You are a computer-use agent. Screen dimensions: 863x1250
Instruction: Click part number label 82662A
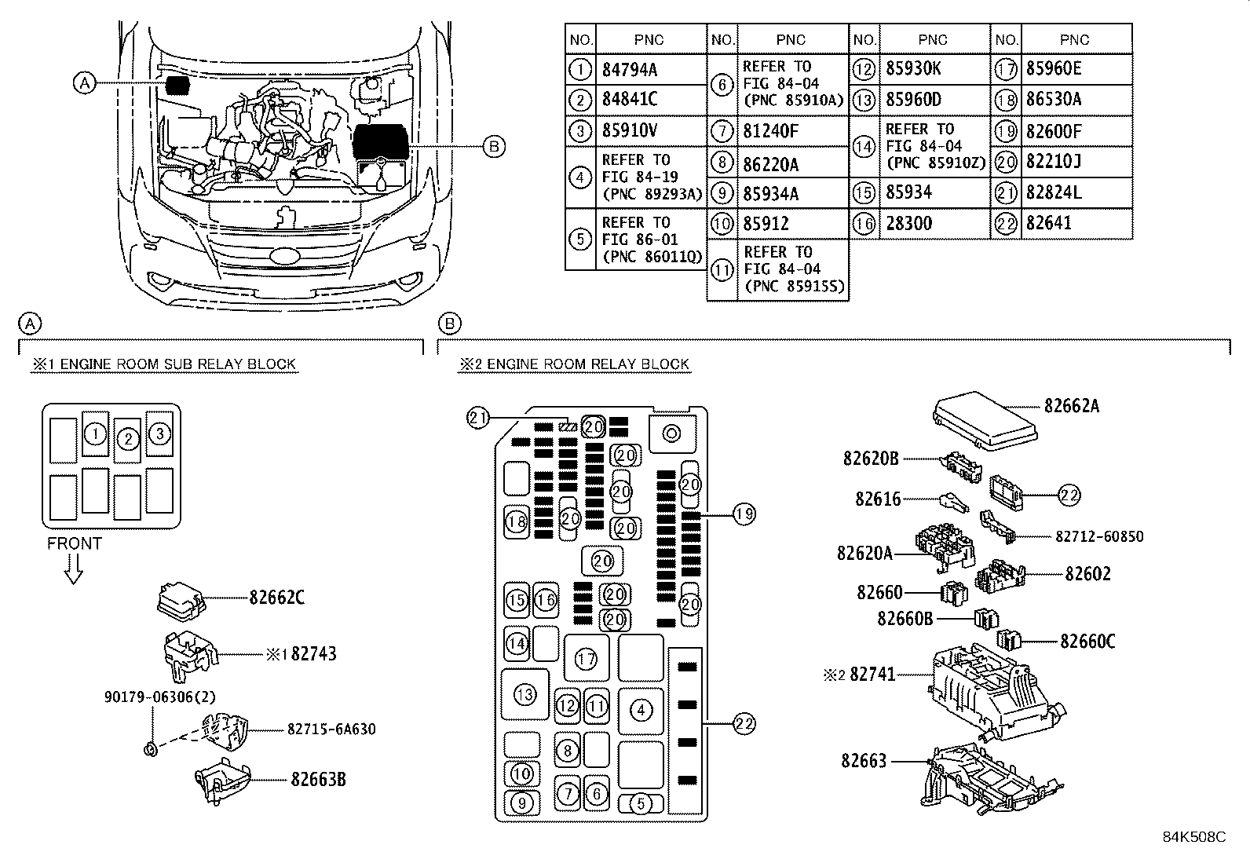(1071, 406)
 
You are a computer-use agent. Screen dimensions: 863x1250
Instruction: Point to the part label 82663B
(318, 780)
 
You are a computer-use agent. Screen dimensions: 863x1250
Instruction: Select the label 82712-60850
(1098, 536)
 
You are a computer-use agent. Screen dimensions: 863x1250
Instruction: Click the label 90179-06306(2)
(159, 697)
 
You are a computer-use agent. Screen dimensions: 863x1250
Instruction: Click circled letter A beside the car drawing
(85, 82)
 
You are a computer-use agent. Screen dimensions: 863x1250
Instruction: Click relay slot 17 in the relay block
(586, 659)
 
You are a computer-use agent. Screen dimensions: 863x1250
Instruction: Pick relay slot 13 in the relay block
(524, 694)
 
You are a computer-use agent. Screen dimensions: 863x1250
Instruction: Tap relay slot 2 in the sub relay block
(127, 439)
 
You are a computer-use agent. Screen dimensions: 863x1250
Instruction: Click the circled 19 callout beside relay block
(744, 514)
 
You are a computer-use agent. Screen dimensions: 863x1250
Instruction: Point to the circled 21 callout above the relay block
(477, 419)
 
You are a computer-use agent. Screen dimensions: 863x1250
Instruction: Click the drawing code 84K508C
(1193, 837)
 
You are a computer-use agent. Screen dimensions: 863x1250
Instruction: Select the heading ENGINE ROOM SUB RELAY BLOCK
(164, 364)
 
